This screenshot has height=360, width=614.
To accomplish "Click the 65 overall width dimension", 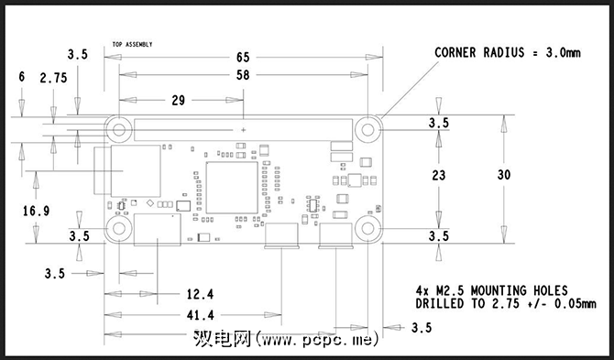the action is pos(243,58).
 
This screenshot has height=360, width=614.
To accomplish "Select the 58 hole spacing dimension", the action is pos(243,75).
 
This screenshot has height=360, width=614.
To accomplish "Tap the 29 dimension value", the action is pos(178,101).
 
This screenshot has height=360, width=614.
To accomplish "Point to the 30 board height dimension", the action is pos(504,175).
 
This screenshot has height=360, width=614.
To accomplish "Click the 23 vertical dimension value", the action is pos(439,175).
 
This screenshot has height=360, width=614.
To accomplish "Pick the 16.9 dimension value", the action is pos(36,212).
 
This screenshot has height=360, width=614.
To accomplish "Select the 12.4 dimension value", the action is pos(200,294).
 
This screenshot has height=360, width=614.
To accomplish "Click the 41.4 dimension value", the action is pos(200,315).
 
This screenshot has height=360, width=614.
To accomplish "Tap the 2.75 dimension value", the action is pos(53,78).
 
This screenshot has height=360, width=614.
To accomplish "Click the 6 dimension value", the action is pos(22,77).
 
